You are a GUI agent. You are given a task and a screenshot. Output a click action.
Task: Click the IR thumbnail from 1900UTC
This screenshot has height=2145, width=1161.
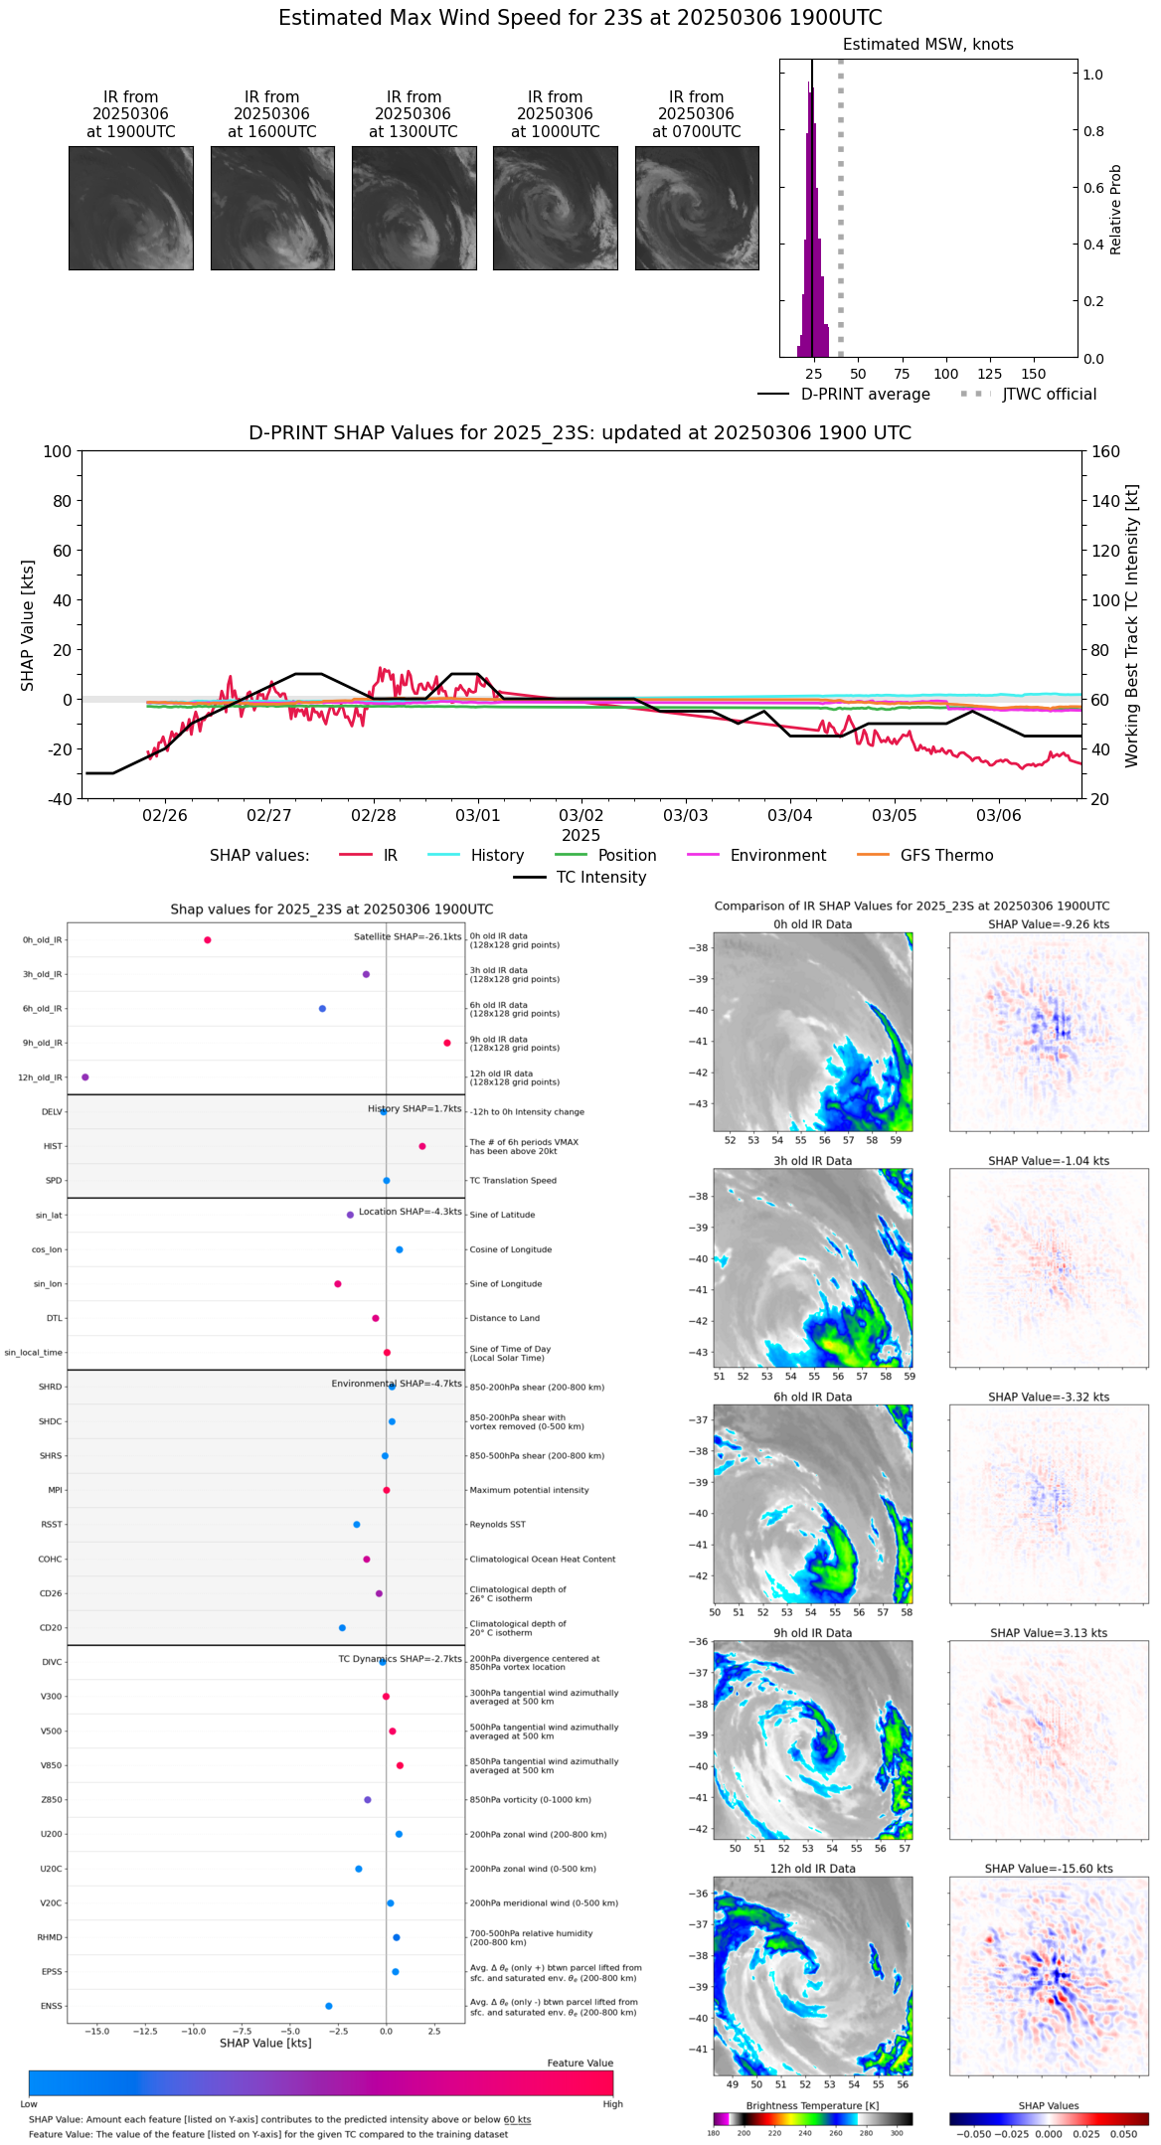(130, 208)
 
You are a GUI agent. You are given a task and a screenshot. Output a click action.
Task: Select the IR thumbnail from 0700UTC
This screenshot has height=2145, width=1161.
(697, 208)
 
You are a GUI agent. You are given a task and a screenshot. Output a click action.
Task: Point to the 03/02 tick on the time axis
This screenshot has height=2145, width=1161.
(581, 816)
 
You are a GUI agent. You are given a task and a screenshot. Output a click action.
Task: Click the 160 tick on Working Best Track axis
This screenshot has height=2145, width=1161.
(1106, 452)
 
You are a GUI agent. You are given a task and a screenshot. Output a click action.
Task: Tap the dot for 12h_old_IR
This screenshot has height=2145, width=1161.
(85, 1077)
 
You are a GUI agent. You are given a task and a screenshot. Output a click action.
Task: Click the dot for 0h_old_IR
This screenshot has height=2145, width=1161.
(208, 940)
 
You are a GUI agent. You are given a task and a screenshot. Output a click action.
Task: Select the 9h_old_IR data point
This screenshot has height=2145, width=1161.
(447, 1043)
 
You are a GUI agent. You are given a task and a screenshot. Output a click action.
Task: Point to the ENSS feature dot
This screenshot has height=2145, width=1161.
(329, 2006)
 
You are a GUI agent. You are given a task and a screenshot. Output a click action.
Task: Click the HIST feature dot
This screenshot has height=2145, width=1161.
(422, 1146)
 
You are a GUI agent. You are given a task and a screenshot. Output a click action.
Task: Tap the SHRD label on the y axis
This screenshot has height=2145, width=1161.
(51, 1387)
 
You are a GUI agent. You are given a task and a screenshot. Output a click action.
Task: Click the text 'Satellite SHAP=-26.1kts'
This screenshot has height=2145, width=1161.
(408, 937)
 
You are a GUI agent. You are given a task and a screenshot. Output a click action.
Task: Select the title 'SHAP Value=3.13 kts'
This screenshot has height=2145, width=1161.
(1049, 1633)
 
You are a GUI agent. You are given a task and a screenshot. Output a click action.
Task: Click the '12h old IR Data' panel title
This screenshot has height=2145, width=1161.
(812, 1869)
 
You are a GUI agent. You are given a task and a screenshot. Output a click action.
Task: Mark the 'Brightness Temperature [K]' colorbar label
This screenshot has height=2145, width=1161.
(812, 2105)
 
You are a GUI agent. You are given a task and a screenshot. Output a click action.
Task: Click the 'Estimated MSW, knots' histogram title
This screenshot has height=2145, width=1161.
(927, 45)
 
